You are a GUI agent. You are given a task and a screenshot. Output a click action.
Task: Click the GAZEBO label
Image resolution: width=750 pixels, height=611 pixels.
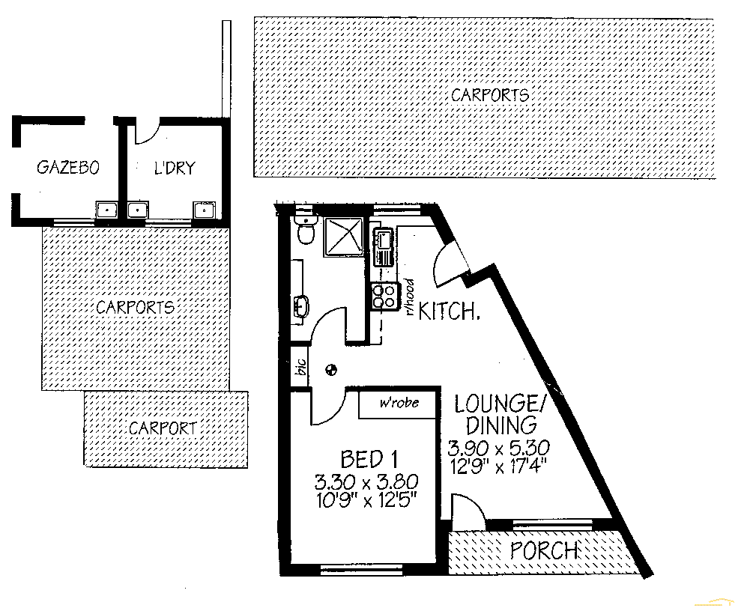point(67,168)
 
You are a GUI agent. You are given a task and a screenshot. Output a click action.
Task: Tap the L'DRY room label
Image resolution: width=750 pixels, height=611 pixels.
point(174,168)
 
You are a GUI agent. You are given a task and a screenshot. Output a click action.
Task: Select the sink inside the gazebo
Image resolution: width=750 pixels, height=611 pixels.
point(106,210)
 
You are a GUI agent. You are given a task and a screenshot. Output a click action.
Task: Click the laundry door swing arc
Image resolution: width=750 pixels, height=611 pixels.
point(146,133)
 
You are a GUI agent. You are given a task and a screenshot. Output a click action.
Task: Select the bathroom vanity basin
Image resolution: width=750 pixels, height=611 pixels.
point(300,305)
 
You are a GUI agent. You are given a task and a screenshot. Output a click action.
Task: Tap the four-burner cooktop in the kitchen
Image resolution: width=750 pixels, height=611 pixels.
point(384,296)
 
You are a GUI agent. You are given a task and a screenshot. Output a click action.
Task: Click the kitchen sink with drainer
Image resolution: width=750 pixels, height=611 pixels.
point(384,248)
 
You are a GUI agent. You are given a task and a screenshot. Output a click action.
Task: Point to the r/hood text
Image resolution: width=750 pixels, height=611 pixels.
point(410,299)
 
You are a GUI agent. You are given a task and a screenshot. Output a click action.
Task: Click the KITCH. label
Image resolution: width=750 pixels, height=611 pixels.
point(449,311)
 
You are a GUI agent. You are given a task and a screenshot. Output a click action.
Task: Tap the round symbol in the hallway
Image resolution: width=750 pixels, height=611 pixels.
point(331,368)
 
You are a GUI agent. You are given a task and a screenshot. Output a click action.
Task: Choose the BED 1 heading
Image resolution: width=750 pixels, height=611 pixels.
point(369,458)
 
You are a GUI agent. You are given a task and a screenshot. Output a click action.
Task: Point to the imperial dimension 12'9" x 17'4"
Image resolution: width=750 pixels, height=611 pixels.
point(498,464)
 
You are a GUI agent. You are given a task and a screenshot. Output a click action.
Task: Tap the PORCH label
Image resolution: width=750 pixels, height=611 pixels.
point(544,551)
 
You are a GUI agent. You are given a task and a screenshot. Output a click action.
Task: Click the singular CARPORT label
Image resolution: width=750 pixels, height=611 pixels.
point(163,428)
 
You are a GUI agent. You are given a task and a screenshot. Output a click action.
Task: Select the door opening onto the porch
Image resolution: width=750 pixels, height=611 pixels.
point(468,511)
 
